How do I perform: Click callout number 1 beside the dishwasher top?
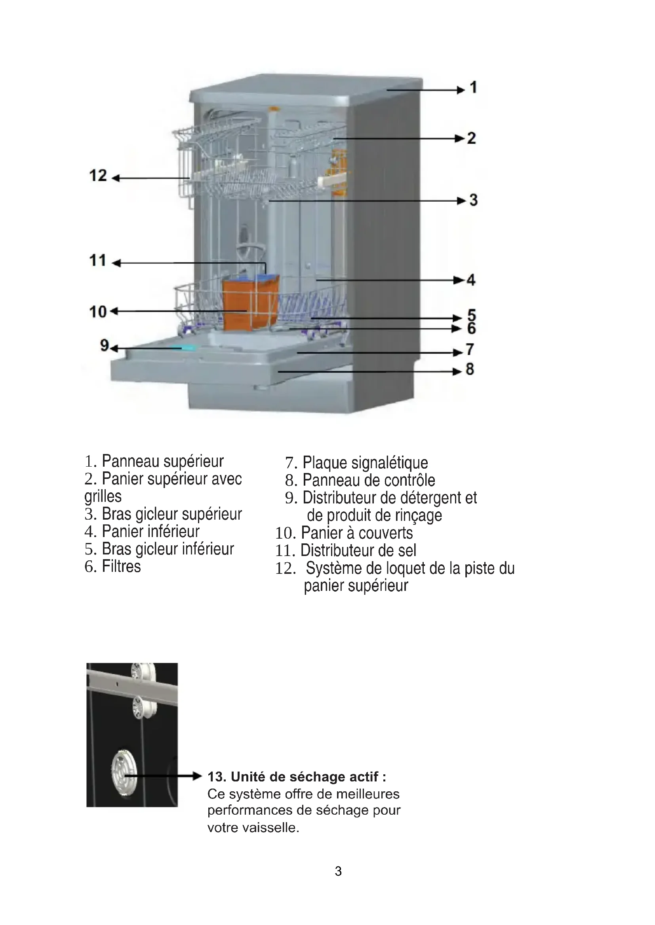(x=474, y=87)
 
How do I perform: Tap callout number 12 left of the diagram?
(x=98, y=176)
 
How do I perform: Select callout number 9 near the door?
(x=105, y=345)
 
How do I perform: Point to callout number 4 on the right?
(x=471, y=280)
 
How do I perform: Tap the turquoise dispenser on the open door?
(x=184, y=347)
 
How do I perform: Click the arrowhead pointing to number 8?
(x=457, y=371)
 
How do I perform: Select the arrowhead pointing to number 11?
(x=116, y=263)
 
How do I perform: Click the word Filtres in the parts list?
(x=121, y=566)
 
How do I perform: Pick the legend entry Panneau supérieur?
(x=162, y=461)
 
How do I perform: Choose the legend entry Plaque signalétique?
(x=365, y=463)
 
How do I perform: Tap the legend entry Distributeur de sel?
(x=358, y=550)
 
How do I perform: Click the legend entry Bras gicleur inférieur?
(x=168, y=549)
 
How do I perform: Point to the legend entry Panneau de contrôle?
(x=369, y=480)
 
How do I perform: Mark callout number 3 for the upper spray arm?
(x=474, y=200)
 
